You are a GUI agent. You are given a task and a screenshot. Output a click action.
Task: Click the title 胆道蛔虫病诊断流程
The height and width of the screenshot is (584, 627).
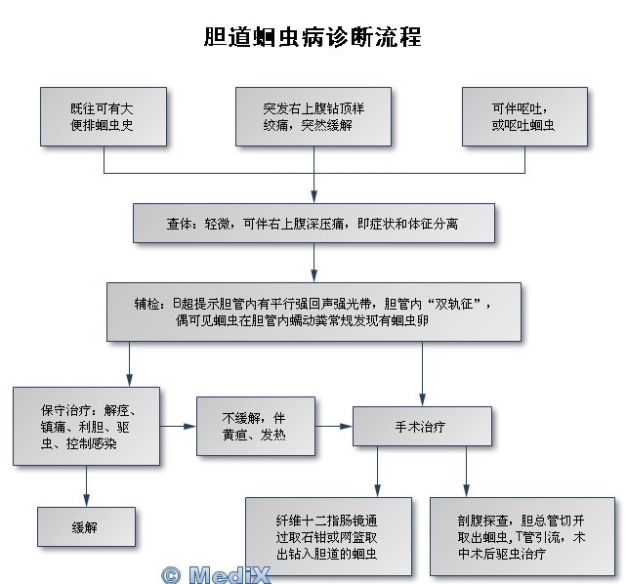313,38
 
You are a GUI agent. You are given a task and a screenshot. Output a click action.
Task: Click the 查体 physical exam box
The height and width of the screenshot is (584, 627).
313,224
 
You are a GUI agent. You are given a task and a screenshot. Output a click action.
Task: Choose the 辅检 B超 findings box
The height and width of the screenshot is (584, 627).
313,312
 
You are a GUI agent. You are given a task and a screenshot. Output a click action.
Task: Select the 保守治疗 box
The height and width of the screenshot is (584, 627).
86,426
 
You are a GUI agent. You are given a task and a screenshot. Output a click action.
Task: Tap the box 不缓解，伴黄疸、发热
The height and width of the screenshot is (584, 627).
254,426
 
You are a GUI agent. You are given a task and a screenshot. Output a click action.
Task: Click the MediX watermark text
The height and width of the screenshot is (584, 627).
229,574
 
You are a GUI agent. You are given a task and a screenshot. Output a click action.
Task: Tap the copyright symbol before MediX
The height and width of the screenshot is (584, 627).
172,574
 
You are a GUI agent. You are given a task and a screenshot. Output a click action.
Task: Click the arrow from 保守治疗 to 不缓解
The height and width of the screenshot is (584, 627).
177,426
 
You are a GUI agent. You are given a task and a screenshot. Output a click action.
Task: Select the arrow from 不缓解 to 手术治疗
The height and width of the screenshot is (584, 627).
332,426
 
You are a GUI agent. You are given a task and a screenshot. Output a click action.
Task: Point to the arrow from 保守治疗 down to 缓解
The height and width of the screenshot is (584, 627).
86,484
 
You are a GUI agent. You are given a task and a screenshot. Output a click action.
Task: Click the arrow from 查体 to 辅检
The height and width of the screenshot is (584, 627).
313,262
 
